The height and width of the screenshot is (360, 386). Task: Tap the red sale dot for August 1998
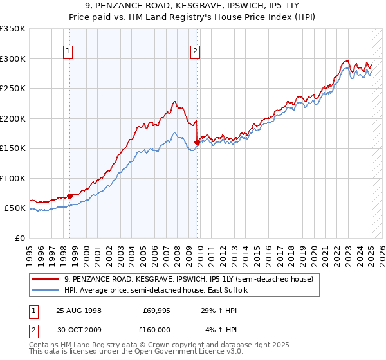tap(69, 196)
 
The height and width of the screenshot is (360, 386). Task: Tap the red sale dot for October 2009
tap(197, 143)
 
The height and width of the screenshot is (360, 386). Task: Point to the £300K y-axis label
tap(13, 59)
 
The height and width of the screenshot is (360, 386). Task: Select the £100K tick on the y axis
tap(13, 178)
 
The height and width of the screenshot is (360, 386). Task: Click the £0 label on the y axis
tap(19, 238)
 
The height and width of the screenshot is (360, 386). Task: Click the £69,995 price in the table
tap(154, 310)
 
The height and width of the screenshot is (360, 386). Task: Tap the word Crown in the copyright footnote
tap(167, 345)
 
